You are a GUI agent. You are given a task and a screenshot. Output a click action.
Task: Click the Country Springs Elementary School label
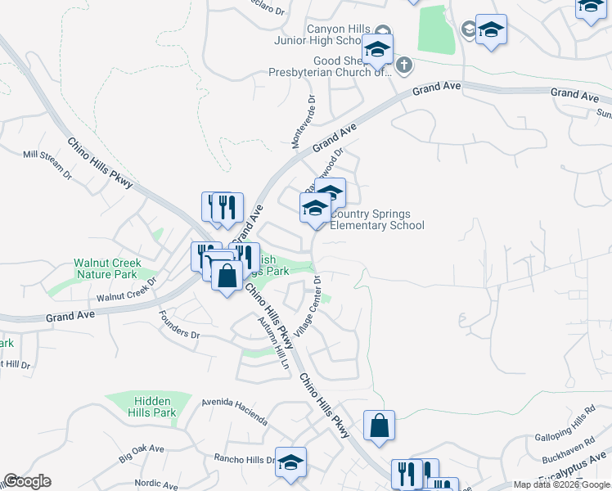(377, 219)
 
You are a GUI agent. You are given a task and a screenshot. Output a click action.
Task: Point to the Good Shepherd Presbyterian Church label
(331, 66)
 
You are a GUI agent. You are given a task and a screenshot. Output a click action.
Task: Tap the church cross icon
(403, 65)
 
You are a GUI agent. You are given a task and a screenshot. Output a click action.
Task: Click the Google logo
(27, 481)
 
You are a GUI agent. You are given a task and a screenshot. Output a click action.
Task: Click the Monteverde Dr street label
(302, 121)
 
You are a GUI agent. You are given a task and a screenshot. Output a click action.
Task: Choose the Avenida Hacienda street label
(236, 412)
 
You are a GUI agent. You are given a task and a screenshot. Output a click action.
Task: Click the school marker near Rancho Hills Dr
(290, 462)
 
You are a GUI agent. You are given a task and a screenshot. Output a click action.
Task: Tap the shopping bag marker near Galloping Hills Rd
(379, 426)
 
